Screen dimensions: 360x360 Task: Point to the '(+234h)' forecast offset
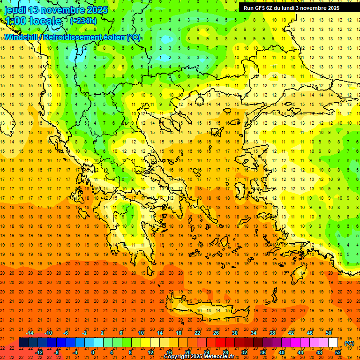83,21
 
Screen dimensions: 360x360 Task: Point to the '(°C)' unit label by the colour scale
349,343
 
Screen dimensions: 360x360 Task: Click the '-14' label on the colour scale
30,333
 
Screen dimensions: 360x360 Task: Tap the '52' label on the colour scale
338,352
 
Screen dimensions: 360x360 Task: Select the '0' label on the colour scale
93,352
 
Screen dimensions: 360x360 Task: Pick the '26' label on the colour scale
216,333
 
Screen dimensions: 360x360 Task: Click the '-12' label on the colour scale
39,352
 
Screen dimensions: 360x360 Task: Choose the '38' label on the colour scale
272,333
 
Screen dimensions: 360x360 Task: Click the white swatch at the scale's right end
333,343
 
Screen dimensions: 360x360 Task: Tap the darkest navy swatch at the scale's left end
23,343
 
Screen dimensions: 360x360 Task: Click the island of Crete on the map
216,311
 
